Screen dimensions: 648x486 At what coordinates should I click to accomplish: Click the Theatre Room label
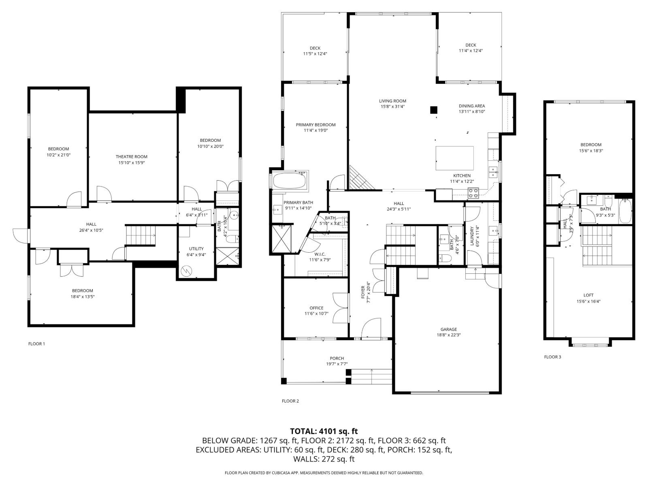pos(131,157)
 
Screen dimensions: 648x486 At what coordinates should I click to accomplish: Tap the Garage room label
pos(448,329)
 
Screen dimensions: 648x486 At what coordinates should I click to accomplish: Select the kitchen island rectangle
pos(455,158)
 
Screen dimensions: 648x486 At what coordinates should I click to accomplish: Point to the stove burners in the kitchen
pos(473,193)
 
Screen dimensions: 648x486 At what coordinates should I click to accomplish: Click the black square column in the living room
pos(433,110)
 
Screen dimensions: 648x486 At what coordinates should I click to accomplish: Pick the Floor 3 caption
pos(552,357)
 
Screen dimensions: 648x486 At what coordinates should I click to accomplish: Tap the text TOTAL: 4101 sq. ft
pos(324,431)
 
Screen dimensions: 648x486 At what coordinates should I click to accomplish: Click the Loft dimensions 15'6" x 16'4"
pos(588,301)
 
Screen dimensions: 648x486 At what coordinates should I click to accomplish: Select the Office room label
pos(316,308)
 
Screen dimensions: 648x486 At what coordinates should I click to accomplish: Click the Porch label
pos(337,358)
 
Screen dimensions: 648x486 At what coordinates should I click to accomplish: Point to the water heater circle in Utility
pos(186,271)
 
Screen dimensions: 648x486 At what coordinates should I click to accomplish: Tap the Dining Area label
pos(471,106)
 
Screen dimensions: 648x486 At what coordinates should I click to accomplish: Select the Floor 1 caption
pos(36,343)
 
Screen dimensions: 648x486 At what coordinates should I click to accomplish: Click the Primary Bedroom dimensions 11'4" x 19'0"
pos(315,130)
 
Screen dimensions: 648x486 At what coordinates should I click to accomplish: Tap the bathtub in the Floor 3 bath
pos(625,211)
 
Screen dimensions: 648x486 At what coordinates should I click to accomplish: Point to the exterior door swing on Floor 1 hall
pos(21,235)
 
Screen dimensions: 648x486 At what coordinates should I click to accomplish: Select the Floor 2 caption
pos(290,401)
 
